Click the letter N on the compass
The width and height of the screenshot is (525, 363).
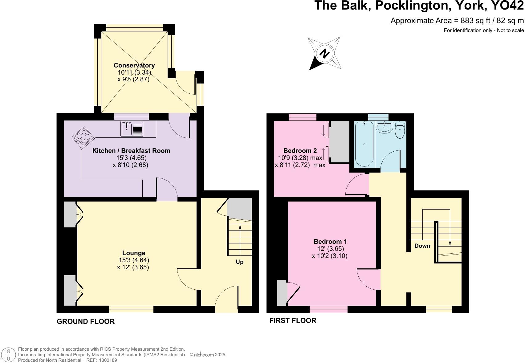[324, 54]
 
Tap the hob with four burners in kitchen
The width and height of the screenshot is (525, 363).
[83, 136]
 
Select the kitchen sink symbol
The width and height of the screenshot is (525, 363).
[132, 129]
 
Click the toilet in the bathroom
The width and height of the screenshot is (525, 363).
[400, 131]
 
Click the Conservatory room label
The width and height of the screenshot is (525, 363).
[134, 65]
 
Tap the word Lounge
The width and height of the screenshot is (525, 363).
[134, 253]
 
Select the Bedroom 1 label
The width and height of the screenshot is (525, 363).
[330, 242]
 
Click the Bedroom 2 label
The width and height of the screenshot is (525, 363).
[300, 151]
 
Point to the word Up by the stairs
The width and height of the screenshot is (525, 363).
[239, 262]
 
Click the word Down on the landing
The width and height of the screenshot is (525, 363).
[422, 246]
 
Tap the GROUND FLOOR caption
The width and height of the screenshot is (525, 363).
[86, 321]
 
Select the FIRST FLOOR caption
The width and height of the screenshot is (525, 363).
[293, 320]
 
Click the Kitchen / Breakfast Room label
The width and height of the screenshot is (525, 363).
[131, 151]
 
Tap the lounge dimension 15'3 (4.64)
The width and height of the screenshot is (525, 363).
[134, 260]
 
